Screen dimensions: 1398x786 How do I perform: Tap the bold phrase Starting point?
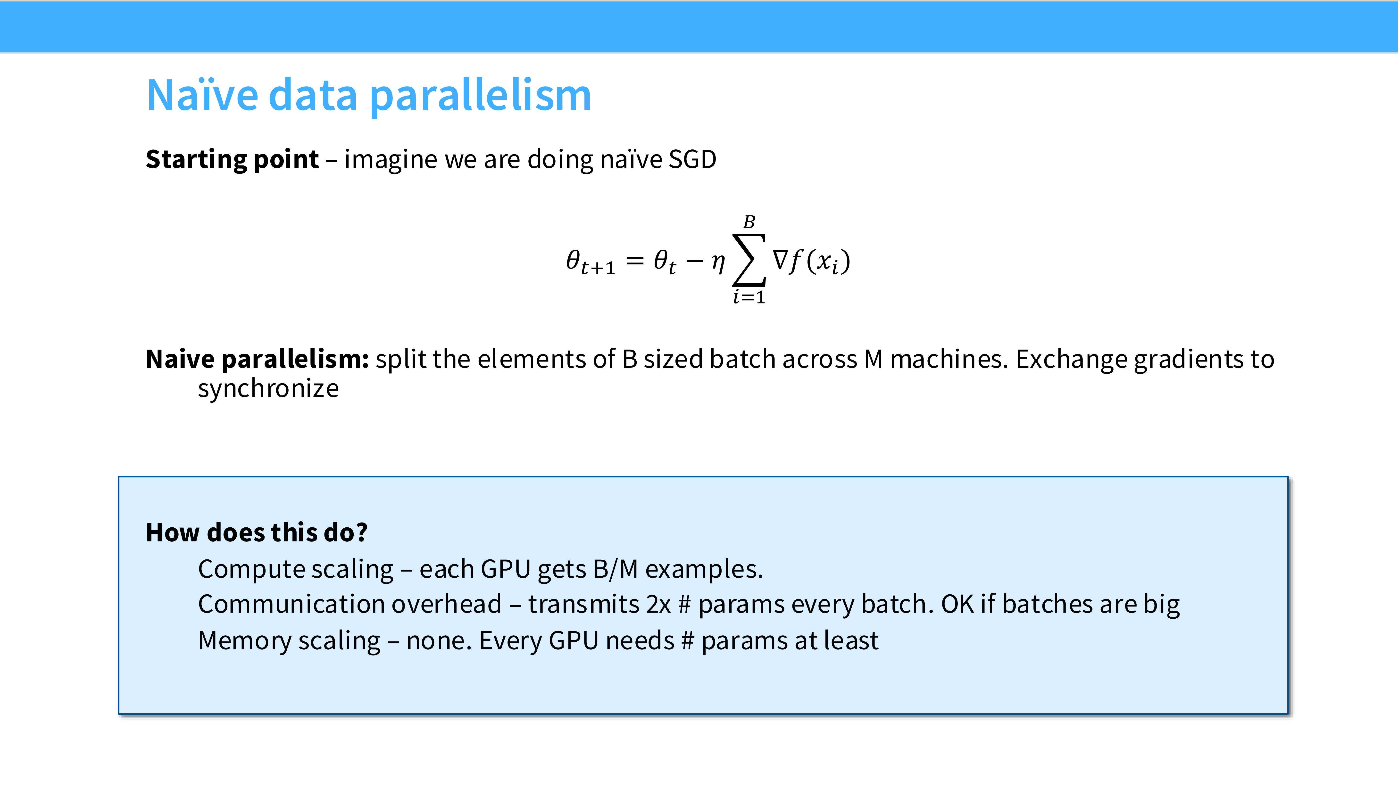[x=232, y=159]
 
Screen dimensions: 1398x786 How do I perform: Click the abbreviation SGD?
[x=692, y=159]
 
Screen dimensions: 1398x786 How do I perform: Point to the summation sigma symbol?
[x=749, y=260]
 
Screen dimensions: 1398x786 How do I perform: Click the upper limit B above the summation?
[x=749, y=222]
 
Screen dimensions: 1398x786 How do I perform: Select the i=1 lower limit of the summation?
[x=749, y=297]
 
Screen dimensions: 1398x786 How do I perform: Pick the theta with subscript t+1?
[x=591, y=262]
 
